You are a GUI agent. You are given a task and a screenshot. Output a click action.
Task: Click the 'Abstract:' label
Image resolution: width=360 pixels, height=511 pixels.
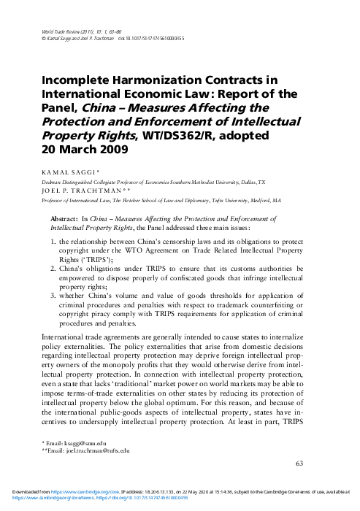click(x=63, y=218)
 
